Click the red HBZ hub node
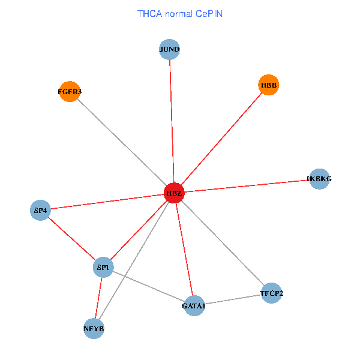click(173, 193)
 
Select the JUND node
click(170, 49)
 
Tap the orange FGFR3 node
click(70, 92)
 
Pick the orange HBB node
click(268, 85)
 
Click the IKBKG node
click(319, 179)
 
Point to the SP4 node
click(40, 211)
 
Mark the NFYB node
click(94, 329)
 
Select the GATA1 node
click(194, 306)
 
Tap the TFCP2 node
click(271, 293)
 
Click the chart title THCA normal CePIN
click(180, 14)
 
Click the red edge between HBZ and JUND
click(172, 120)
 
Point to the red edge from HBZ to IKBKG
click(246, 186)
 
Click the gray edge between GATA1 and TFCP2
click(233, 300)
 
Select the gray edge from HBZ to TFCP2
click(222, 243)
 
